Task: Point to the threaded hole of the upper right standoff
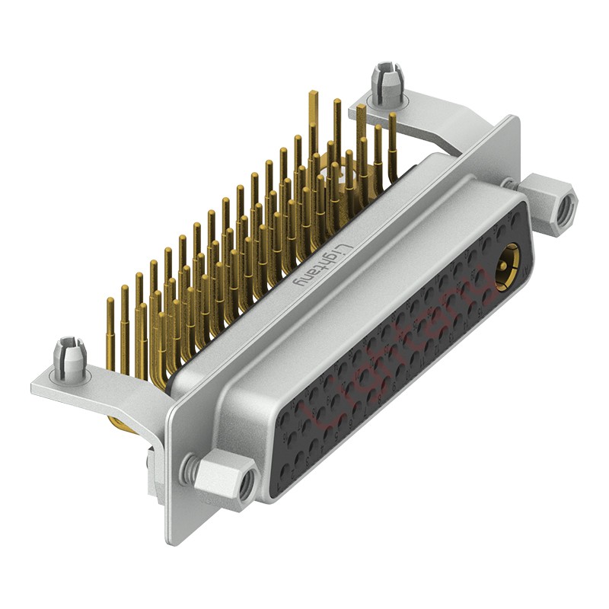click(x=566, y=211)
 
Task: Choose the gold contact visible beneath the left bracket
click(x=122, y=423)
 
